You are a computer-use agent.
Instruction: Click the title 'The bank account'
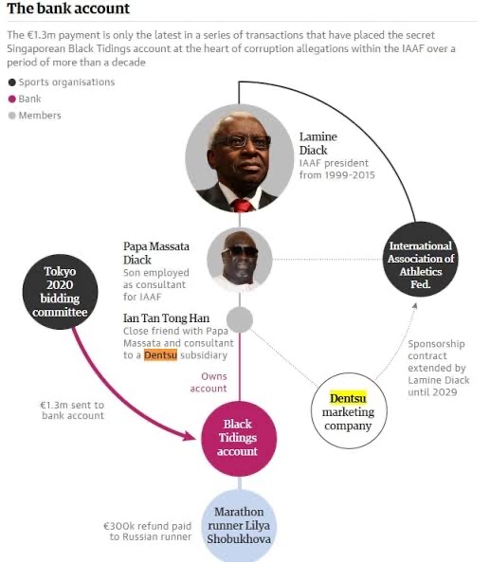(x=68, y=9)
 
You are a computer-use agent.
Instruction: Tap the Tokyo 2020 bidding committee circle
(x=60, y=292)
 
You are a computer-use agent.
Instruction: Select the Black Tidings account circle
(x=239, y=438)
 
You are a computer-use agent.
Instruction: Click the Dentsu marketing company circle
(x=349, y=410)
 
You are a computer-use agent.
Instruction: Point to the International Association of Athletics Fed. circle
(x=421, y=259)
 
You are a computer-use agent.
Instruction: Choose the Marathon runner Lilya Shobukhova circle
(x=239, y=525)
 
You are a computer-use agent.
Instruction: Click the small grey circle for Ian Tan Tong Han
(x=240, y=319)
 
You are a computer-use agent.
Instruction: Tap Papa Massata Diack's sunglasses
(x=240, y=251)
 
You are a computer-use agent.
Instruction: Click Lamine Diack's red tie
(x=243, y=206)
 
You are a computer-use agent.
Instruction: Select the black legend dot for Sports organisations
(x=12, y=82)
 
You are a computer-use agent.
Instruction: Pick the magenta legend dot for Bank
(x=12, y=99)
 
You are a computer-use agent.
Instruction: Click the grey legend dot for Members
(x=12, y=116)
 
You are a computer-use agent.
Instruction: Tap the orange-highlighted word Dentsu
(x=160, y=354)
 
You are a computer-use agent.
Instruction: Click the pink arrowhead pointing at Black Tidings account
(x=189, y=436)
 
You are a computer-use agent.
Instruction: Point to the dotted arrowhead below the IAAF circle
(x=415, y=306)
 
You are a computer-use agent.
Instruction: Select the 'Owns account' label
(x=209, y=382)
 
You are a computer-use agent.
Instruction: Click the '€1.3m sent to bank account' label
(x=72, y=410)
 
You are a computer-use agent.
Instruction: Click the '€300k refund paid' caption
(x=147, y=526)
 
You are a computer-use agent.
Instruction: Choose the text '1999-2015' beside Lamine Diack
(x=352, y=175)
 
